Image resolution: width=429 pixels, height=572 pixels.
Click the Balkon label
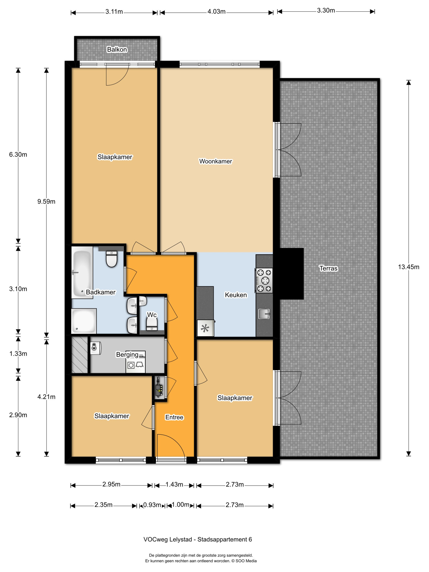click(117, 49)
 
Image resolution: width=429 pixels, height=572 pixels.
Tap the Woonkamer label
click(215, 161)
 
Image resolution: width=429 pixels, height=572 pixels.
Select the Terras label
click(328, 268)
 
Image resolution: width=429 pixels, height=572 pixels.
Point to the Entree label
click(174, 417)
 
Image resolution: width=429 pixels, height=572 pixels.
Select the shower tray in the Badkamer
click(84, 321)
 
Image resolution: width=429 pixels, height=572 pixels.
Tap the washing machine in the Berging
click(131, 365)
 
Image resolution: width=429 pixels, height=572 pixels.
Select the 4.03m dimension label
click(217, 12)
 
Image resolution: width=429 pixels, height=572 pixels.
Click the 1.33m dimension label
click(18, 353)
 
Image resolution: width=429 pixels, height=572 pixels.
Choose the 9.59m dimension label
click(46, 202)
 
